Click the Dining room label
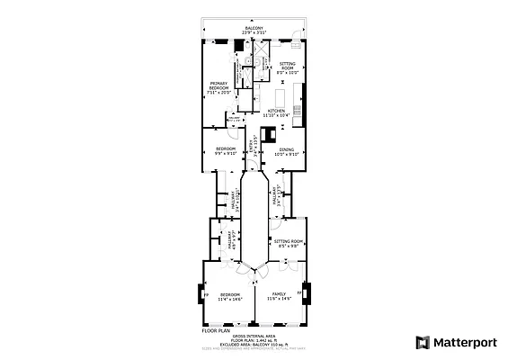pyautogui.click(x=285, y=151)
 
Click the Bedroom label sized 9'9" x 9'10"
pyautogui.click(x=225, y=150)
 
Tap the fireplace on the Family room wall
pyautogui.click(x=306, y=293)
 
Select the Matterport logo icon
pyautogui.click(x=423, y=342)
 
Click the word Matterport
pyautogui.click(x=467, y=342)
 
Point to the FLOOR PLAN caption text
pyautogui.click(x=216, y=330)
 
